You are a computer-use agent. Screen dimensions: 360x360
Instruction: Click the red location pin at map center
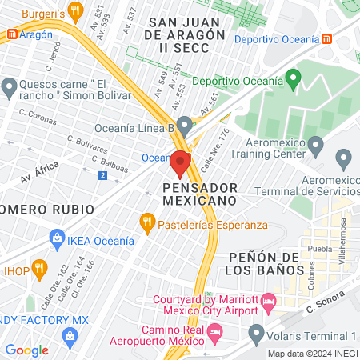click(x=179, y=163)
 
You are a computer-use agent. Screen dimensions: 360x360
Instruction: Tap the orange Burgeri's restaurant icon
click(x=76, y=10)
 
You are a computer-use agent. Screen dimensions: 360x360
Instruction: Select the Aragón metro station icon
click(x=12, y=34)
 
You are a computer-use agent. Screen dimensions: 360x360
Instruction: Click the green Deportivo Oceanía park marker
click(x=293, y=80)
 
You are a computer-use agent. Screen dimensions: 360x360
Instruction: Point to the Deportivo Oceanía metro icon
click(x=326, y=39)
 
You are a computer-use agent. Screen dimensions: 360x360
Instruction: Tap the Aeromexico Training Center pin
click(x=316, y=146)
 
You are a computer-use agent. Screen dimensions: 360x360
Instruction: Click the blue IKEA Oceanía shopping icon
click(x=57, y=237)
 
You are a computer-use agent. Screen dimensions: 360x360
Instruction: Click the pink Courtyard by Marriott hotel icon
click(x=269, y=302)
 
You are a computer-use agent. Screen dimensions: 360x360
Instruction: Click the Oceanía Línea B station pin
click(x=185, y=126)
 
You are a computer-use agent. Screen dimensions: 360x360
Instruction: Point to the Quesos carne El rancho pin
click(x=10, y=86)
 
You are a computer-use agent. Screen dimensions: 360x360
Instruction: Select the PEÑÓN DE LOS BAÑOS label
click(x=263, y=263)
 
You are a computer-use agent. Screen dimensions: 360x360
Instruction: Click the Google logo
click(x=26, y=350)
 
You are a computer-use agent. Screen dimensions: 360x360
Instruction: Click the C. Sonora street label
click(x=322, y=302)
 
